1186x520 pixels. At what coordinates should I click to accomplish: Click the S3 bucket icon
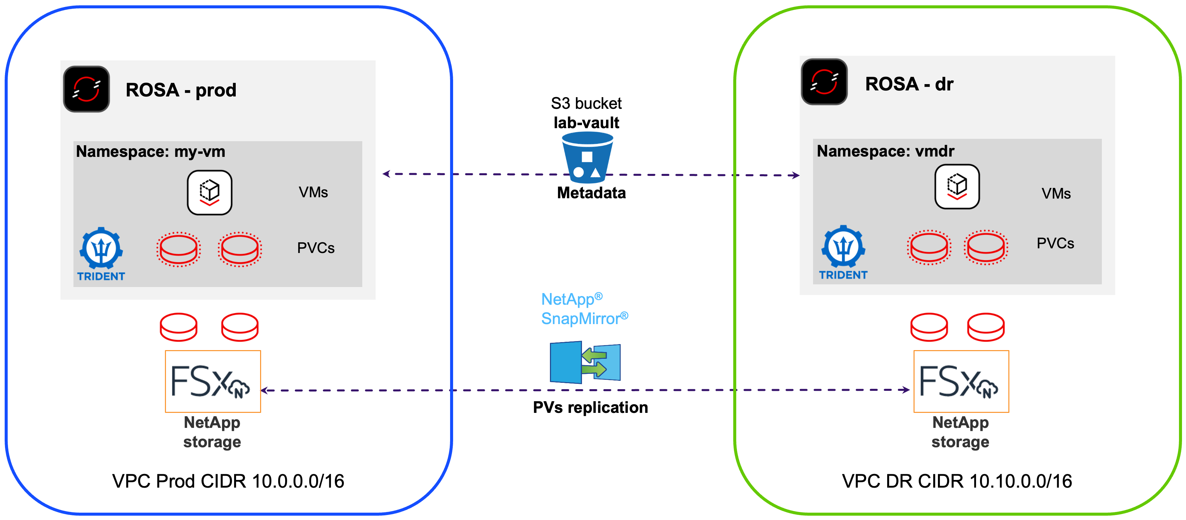[587, 157]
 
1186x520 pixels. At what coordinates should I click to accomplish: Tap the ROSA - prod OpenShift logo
[86, 89]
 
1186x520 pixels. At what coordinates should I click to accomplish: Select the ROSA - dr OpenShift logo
[824, 82]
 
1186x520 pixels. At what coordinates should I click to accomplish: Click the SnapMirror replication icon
[585, 362]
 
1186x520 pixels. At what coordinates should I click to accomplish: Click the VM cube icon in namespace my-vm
[209, 192]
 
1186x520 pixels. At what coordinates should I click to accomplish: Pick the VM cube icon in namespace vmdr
[957, 186]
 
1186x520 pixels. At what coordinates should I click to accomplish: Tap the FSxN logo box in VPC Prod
[213, 381]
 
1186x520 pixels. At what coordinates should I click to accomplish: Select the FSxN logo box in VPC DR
[961, 381]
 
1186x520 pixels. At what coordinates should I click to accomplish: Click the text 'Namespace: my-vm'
[151, 152]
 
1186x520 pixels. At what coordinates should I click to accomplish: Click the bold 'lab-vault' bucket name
[586, 123]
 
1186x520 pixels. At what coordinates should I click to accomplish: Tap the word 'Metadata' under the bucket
[591, 193]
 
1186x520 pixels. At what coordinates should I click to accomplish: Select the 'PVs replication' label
[590, 407]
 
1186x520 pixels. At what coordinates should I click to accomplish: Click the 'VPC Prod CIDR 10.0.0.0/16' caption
[228, 481]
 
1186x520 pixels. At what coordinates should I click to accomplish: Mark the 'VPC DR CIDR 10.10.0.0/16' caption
[957, 481]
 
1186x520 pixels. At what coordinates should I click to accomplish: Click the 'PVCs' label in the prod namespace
[316, 248]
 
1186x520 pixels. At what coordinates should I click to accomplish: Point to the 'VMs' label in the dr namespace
[1056, 193]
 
